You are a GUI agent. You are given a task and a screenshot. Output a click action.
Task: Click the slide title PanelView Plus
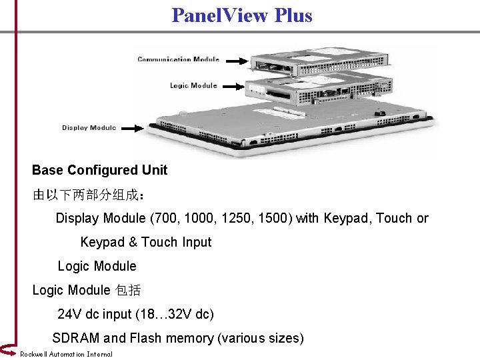(x=241, y=15)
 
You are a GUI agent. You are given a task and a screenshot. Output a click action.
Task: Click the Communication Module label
(x=178, y=59)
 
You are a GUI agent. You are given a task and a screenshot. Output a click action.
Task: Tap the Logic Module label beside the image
(x=193, y=85)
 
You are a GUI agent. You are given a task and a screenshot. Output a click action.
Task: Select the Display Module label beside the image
(x=89, y=127)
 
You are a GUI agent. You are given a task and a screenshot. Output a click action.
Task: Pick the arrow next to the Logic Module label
(x=232, y=85)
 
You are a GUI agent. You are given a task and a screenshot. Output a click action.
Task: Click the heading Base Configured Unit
(x=99, y=170)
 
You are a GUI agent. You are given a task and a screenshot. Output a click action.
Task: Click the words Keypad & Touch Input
(x=145, y=242)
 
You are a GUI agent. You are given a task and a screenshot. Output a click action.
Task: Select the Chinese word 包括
(x=128, y=290)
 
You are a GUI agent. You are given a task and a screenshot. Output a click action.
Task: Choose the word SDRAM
(x=75, y=338)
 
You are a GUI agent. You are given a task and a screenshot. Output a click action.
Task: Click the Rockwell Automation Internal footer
(x=66, y=354)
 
